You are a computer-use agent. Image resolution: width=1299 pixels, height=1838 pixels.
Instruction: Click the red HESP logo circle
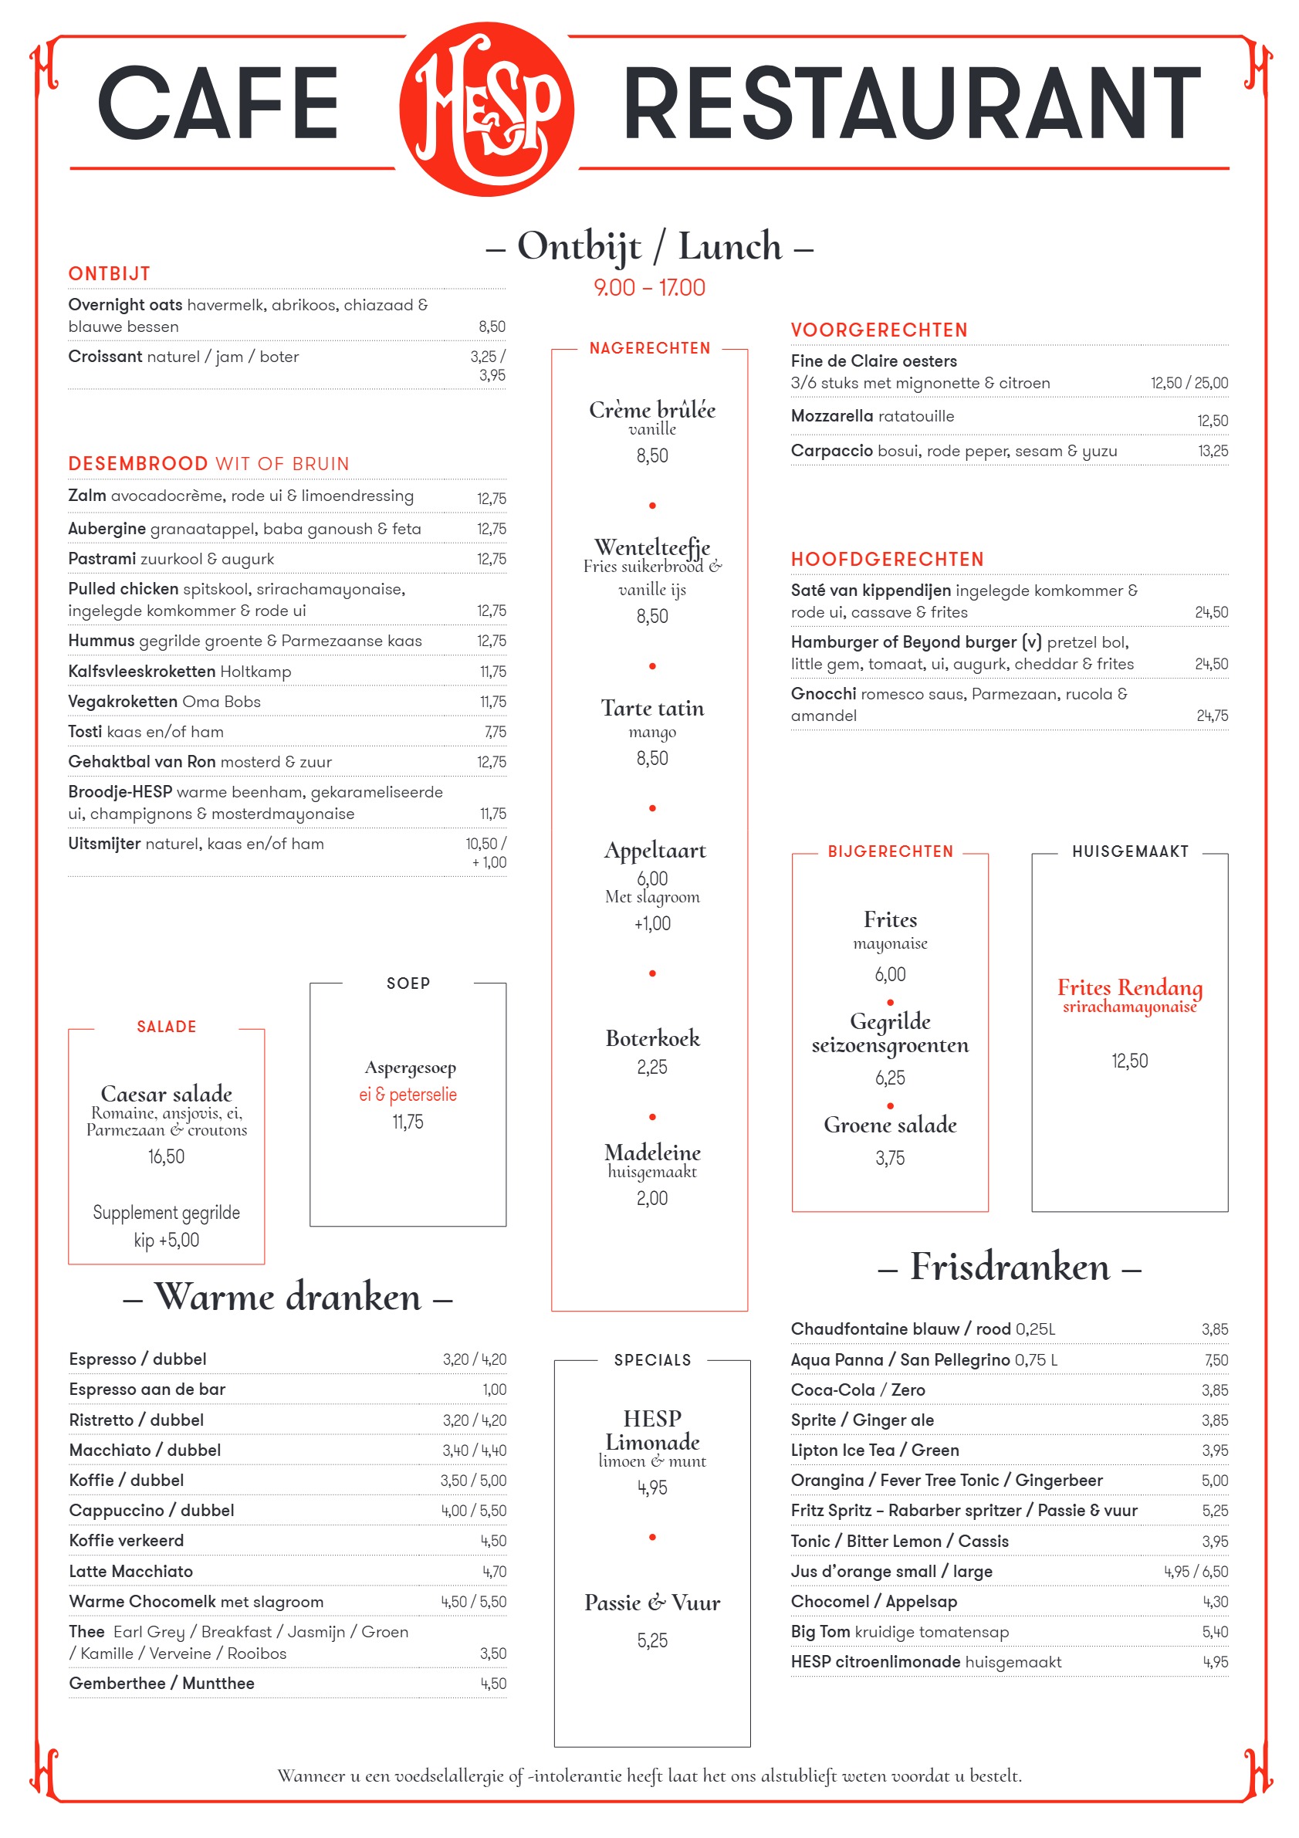tap(485, 109)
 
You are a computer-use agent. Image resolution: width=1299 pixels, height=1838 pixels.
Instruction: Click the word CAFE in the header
tap(218, 103)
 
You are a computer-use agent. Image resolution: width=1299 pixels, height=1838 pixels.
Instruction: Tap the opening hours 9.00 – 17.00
tap(649, 287)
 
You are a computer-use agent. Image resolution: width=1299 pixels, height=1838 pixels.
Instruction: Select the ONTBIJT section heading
tap(109, 274)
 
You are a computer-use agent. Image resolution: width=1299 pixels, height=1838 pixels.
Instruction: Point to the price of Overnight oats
tap(492, 327)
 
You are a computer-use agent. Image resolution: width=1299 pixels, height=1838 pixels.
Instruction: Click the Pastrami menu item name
tap(102, 559)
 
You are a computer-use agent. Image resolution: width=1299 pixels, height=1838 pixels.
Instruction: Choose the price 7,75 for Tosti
tap(495, 732)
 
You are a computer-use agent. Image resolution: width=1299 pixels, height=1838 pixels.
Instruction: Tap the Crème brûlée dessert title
tap(651, 410)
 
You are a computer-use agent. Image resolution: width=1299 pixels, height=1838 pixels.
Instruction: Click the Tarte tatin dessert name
tap(652, 709)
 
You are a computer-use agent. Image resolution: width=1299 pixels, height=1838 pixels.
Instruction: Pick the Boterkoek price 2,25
tap(651, 1067)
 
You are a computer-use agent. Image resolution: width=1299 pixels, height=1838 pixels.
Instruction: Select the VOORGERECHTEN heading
tap(879, 330)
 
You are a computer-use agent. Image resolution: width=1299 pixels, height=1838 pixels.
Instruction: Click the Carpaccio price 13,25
tap(1212, 452)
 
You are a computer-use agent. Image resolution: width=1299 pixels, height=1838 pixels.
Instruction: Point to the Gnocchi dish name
tap(823, 694)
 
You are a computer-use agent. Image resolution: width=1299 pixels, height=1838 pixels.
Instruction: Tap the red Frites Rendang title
tap(1128, 987)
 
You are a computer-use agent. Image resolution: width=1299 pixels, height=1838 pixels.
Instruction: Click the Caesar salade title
tap(167, 1094)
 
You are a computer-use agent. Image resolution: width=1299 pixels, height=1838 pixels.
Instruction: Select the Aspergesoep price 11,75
tap(408, 1122)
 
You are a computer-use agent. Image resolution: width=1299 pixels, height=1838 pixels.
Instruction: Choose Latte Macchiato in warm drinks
tap(130, 1572)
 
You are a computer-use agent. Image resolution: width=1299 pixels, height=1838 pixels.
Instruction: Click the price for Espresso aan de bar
tap(494, 1390)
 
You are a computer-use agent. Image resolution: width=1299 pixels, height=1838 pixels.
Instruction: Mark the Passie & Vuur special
tap(651, 1603)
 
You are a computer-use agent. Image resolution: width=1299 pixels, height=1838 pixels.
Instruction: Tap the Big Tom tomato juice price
tap(1214, 1632)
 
